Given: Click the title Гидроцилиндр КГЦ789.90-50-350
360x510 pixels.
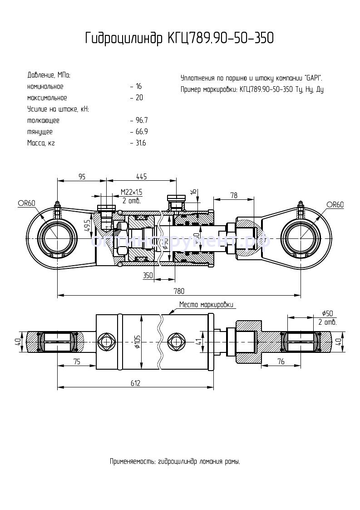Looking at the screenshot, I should pos(179,39).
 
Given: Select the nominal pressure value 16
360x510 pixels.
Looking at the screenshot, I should pos(138,86).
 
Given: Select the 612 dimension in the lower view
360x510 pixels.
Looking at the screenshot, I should pos(135,383).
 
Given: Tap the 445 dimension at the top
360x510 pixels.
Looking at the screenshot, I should pos(141,177).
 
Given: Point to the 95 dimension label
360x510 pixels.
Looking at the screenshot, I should pos(82,177).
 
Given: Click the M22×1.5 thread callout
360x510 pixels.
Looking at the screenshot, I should pos(132,192).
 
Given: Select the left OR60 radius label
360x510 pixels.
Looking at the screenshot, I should pos(26,204).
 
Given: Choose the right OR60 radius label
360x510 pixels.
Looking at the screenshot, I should pos(335,205).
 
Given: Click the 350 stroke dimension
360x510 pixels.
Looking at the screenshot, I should pos(148,275).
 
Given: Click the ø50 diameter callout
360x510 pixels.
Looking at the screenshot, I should pos(327,313).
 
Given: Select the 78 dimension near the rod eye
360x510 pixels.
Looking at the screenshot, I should pos(234,195).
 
